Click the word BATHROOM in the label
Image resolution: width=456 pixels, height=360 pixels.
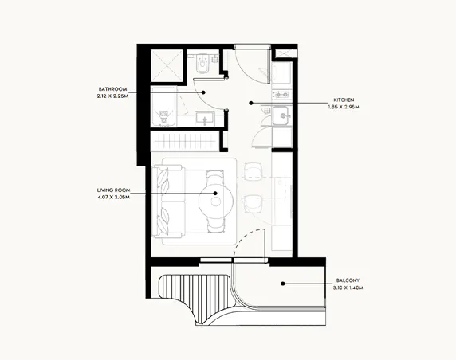pos(112,88)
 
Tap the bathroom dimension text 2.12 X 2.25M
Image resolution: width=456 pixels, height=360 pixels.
pos(112,96)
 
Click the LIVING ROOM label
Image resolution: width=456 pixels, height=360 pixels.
pos(112,190)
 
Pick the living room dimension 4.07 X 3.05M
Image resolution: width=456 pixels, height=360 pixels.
pos(112,198)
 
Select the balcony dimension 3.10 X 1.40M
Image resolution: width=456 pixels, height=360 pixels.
pos(349,288)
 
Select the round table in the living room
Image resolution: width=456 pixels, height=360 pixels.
pos(215,204)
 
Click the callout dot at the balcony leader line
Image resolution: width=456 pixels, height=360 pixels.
pos(283,283)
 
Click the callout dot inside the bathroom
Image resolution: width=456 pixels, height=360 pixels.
pos(204,92)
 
